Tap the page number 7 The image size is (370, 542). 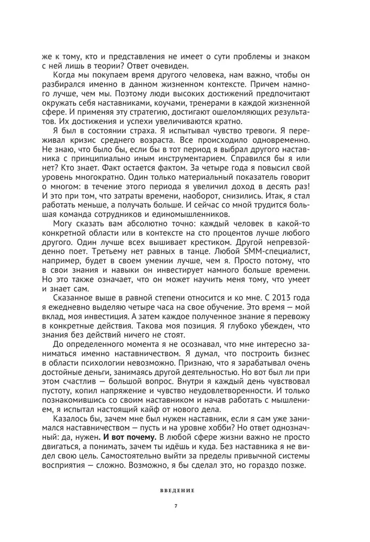[x=177, y=506]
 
